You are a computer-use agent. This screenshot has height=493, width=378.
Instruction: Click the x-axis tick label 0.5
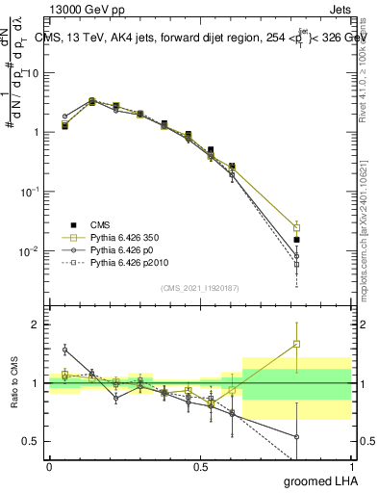pyautogui.click(x=200, y=466)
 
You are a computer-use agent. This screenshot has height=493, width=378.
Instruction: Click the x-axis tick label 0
pyautogui.click(x=49, y=466)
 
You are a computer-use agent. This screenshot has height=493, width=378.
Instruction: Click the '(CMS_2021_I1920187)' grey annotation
pyautogui.click(x=200, y=287)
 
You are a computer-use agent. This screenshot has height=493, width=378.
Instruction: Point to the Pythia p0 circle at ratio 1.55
pyautogui.click(x=65, y=350)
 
